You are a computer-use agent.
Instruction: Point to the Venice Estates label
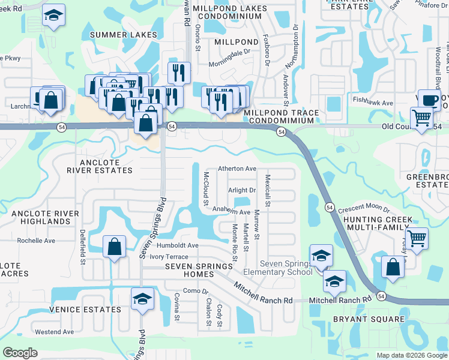point(85,310)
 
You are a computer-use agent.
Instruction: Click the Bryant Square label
point(360,319)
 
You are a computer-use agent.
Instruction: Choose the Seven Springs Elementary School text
point(286,268)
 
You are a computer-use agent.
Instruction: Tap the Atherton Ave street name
point(237,169)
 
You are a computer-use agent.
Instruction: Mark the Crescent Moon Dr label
point(363,210)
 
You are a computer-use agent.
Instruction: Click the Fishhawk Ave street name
point(373,103)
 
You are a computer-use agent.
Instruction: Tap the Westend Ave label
point(54,332)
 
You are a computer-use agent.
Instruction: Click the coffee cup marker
point(430,100)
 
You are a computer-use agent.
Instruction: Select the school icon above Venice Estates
point(142,299)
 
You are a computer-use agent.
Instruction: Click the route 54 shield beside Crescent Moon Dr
point(330,207)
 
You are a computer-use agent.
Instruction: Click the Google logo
point(20,353)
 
